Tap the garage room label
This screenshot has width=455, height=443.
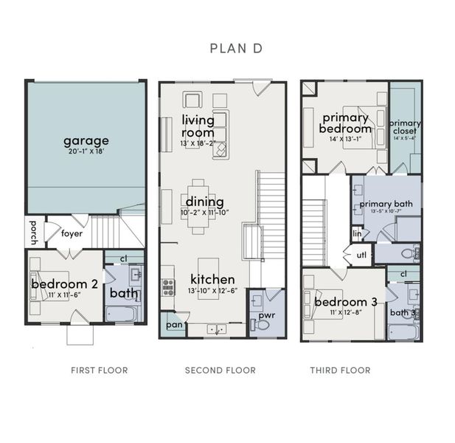(86, 140)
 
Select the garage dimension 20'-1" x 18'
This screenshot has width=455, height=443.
(86, 151)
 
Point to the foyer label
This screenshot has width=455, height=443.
(72, 233)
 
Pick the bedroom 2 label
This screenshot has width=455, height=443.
(65, 284)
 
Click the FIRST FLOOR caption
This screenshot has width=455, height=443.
(99, 370)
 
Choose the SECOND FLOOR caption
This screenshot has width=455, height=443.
(220, 370)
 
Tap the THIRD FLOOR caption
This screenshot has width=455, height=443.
(341, 370)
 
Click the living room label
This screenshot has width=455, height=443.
(198, 126)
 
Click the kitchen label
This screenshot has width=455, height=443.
(212, 279)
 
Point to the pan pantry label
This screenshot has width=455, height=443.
(175, 324)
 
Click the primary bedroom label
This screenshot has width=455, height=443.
(346, 122)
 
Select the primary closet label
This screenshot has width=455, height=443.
(405, 128)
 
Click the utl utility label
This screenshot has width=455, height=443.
(361, 255)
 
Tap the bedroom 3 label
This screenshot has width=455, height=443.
(346, 302)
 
